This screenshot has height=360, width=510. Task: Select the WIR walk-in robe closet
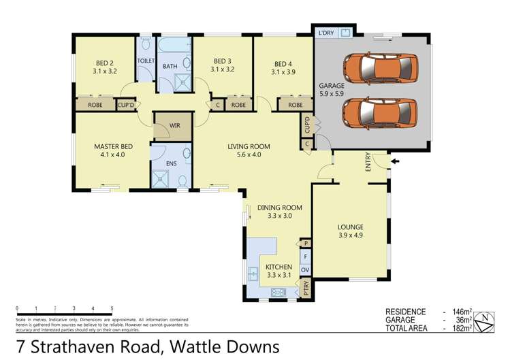pyautogui.click(x=174, y=126)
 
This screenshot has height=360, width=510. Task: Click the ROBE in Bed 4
pyautogui.click(x=295, y=105)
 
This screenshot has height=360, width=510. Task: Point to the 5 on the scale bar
pyautogui.click(x=112, y=308)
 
